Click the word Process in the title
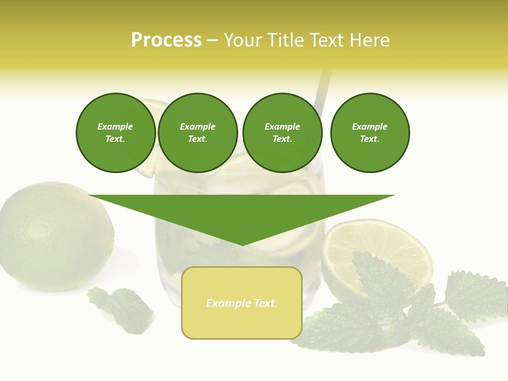pos(166,40)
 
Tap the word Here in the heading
pos(370,40)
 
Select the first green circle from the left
pos(116,133)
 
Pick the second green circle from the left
pos(198,133)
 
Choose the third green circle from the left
pos(283,133)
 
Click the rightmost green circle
pos(370,133)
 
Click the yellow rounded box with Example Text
pos(242,303)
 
